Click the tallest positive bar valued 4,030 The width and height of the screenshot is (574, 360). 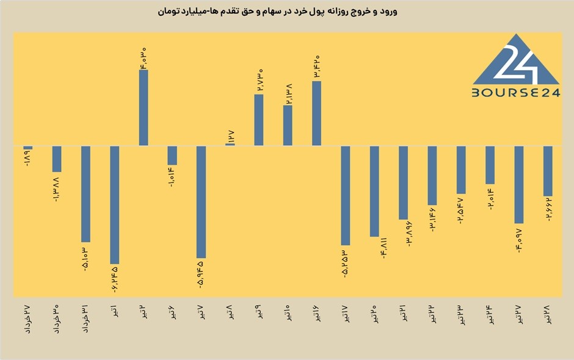(x=143, y=107)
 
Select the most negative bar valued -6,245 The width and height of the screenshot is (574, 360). (x=115, y=205)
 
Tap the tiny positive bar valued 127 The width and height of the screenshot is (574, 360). (x=230, y=145)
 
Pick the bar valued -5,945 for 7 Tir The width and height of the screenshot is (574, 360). (x=202, y=202)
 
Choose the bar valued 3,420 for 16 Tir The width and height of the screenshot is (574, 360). (x=317, y=113)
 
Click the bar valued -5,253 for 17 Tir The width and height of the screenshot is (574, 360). (x=346, y=195)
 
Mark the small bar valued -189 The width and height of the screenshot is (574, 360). (x=28, y=148)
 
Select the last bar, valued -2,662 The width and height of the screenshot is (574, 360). (x=548, y=171)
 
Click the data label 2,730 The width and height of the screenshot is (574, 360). (x=259, y=80)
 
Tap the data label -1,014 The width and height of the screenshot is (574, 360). (x=172, y=177)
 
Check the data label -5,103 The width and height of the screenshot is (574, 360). (x=85, y=258)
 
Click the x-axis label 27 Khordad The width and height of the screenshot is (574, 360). (x=28, y=319)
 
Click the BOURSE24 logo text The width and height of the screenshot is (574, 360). (x=516, y=93)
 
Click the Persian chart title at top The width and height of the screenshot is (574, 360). (x=277, y=12)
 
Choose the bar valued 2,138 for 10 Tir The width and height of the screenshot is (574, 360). (x=288, y=126)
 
